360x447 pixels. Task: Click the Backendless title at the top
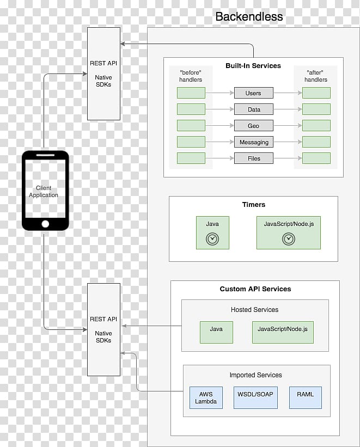click(249, 16)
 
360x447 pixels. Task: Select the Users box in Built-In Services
click(254, 93)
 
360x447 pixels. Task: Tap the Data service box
click(254, 109)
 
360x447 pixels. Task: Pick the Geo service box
click(254, 125)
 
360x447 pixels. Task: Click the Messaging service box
click(254, 142)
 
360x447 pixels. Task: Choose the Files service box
click(254, 158)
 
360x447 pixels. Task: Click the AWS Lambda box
click(206, 397)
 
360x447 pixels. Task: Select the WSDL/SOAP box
click(255, 397)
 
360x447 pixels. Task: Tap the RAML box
click(306, 397)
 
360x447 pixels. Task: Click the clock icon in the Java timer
click(212, 239)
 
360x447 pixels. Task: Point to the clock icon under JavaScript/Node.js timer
click(289, 239)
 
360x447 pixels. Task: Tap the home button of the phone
click(45, 224)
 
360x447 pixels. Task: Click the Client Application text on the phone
click(44, 192)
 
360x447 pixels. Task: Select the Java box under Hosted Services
click(216, 333)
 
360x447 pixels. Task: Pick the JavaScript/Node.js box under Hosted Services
click(283, 333)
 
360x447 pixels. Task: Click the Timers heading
click(254, 204)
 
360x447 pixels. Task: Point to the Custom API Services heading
click(255, 289)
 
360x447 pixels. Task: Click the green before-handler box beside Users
click(191, 93)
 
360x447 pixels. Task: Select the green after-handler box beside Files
click(316, 158)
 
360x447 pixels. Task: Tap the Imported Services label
click(255, 375)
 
